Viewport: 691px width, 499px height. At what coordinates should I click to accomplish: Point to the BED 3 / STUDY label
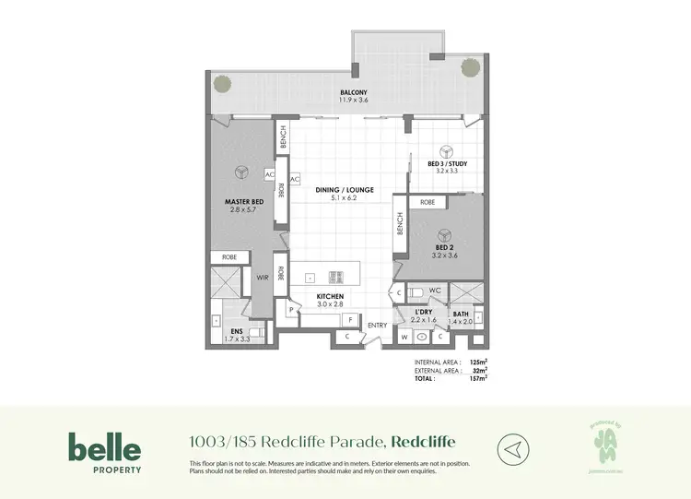pyautogui.click(x=447, y=163)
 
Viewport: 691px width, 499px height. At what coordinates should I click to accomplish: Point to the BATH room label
pyautogui.click(x=462, y=315)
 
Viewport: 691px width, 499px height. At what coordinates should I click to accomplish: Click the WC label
pyautogui.click(x=437, y=291)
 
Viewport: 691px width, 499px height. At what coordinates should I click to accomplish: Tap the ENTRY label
pyautogui.click(x=378, y=326)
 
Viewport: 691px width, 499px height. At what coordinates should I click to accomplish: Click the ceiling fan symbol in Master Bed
pyautogui.click(x=240, y=172)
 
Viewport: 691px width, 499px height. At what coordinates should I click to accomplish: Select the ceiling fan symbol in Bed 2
pyautogui.click(x=443, y=233)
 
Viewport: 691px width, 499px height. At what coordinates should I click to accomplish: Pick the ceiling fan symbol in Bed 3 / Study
pyautogui.click(x=447, y=152)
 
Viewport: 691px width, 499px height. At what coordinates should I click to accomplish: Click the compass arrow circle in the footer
pyautogui.click(x=513, y=450)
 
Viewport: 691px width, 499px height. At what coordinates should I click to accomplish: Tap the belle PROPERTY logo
pyautogui.click(x=104, y=453)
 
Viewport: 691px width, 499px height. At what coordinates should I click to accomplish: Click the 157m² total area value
pyautogui.click(x=476, y=377)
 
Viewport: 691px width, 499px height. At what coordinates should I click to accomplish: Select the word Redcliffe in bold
pyautogui.click(x=424, y=442)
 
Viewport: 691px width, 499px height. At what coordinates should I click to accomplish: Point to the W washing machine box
pyautogui.click(x=404, y=337)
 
